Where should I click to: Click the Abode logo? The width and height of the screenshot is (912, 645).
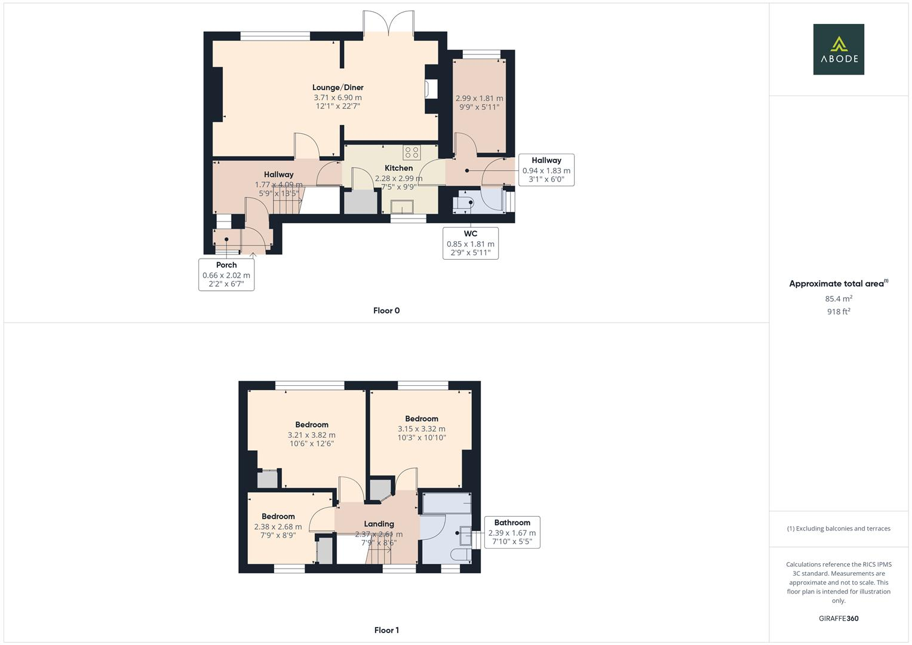838,49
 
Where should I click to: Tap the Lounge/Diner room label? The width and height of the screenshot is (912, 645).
337,88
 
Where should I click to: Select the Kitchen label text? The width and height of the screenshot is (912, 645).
398,168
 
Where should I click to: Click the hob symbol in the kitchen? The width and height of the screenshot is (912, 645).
411,152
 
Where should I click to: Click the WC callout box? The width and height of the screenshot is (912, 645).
470,242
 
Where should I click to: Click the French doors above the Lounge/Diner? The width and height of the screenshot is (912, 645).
388,24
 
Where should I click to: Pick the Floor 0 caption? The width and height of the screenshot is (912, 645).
386,311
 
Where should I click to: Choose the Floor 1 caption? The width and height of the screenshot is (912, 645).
386,630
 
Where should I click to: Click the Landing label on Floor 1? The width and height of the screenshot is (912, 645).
379,524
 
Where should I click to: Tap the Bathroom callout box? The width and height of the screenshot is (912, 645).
512,532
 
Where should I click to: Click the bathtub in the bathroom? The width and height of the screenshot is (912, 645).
447,503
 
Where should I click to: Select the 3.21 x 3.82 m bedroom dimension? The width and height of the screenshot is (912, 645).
311,435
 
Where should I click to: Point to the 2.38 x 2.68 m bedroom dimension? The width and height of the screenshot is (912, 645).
278,527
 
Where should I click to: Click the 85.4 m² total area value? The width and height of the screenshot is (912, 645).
839,299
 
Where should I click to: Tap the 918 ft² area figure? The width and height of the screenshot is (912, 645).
839,312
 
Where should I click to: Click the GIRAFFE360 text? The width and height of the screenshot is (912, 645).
839,619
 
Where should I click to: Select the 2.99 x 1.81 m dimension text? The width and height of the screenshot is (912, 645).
479,99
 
